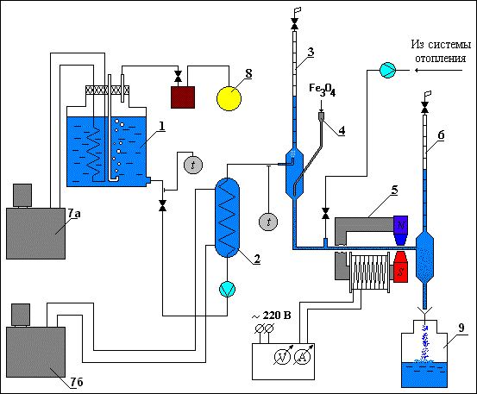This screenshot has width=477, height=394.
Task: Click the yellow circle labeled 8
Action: pyautogui.click(x=229, y=99)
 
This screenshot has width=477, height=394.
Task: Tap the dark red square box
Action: pyautogui.click(x=183, y=97)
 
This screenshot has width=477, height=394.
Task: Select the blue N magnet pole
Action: pyautogui.click(x=401, y=230)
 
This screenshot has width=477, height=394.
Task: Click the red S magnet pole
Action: pyautogui.click(x=400, y=267)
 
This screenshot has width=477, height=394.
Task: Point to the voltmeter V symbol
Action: pyautogui.click(x=283, y=356)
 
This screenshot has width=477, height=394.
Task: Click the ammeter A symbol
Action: pyautogui.click(x=303, y=356)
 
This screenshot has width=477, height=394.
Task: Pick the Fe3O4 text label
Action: pyautogui.click(x=322, y=90)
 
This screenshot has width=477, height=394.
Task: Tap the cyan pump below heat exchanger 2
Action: pyautogui.click(x=227, y=289)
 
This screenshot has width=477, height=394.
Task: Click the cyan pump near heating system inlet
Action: pyautogui.click(x=387, y=70)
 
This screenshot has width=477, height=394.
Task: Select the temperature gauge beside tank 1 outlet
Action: pyautogui.click(x=193, y=165)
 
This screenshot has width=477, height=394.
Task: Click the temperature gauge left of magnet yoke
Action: pyautogui.click(x=268, y=222)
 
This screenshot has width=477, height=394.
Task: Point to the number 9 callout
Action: pyautogui.click(x=461, y=328)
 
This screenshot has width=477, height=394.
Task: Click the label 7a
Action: pyautogui.click(x=74, y=214)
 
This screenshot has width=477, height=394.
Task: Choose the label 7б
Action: pyautogui.click(x=77, y=382)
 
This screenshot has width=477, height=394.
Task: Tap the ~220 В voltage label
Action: pyautogui.click(x=272, y=316)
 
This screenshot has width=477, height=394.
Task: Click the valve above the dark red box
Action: pyautogui.click(x=179, y=76)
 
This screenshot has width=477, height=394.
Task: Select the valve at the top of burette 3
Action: pyautogui.click(x=294, y=23)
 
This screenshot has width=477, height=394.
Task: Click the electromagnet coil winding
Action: pyautogui.click(x=370, y=272)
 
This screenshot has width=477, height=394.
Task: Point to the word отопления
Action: pyautogui.click(x=441, y=58)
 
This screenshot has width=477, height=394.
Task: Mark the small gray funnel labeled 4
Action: pyautogui.click(x=321, y=116)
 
